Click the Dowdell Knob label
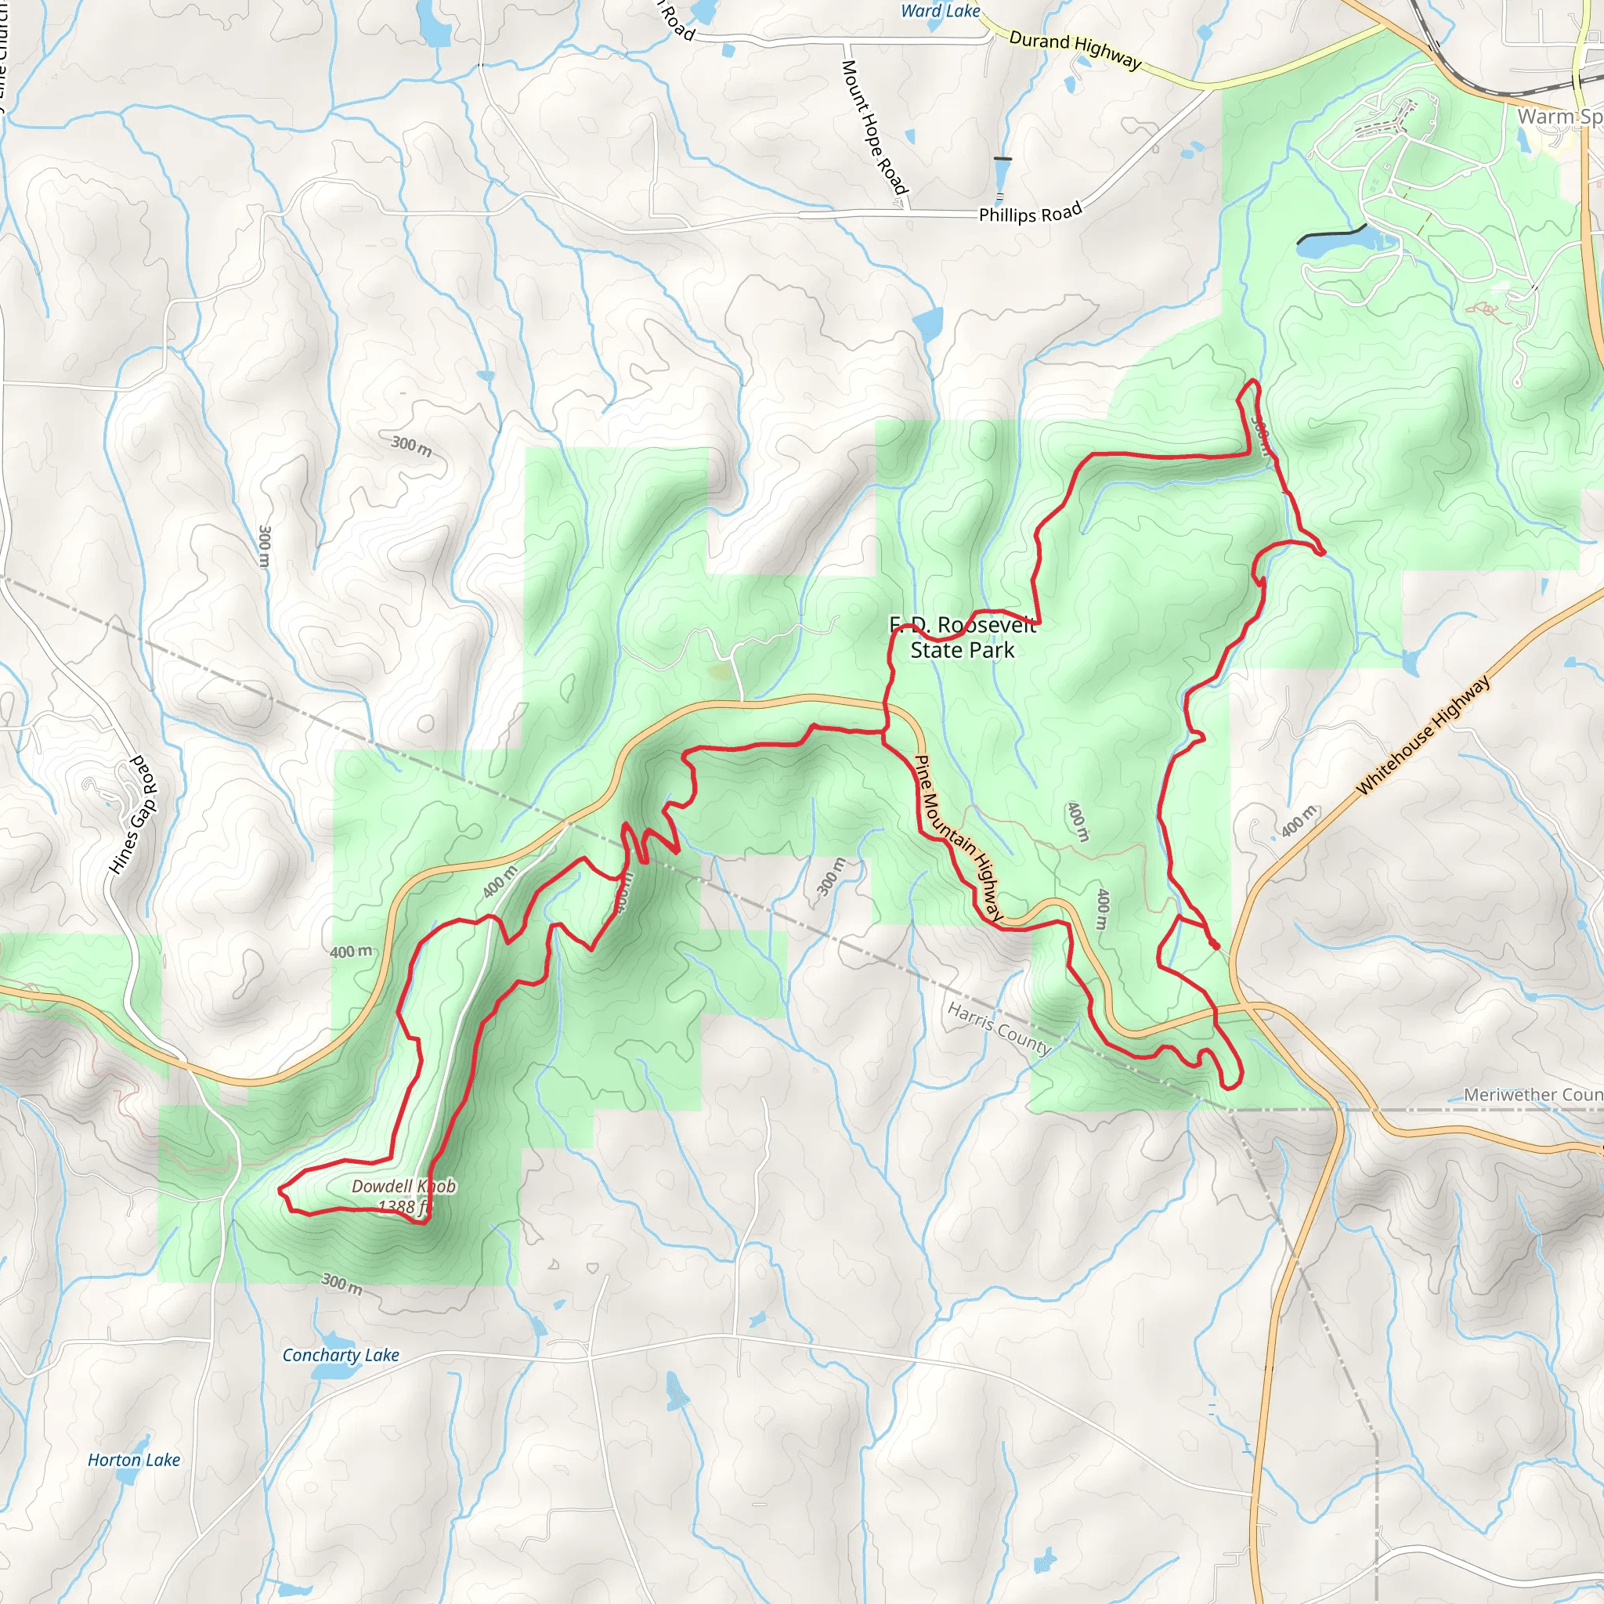[403, 1187]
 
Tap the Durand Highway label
[1075, 49]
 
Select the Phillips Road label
[1031, 212]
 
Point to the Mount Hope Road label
[874, 126]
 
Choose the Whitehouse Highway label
[1423, 735]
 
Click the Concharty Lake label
[341, 1355]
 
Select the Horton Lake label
[134, 1460]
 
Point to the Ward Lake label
[940, 11]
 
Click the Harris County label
[999, 1028]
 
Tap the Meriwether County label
[1533, 1095]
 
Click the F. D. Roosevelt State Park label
[963, 638]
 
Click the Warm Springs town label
[1559, 116]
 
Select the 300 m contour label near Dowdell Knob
[342, 1283]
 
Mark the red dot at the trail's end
[1216, 945]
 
